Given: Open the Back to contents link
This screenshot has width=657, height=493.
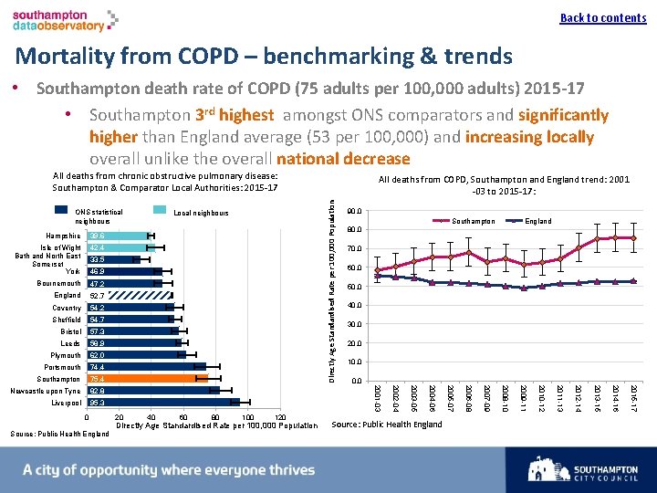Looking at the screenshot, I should pos(602,18).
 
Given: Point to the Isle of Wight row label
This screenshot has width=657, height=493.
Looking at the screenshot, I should pos(61,247).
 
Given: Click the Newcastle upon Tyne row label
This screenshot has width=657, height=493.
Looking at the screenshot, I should pos(45,391).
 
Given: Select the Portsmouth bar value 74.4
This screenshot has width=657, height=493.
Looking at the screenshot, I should pos(97,367).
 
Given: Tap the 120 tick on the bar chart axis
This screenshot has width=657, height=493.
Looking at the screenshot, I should pos(282,418).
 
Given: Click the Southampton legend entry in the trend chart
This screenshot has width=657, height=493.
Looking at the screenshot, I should pos(473,221).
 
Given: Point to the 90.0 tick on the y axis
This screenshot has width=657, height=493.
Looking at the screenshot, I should pos(356,211).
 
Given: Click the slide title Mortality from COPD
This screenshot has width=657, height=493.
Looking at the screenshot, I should pos(264,56).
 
